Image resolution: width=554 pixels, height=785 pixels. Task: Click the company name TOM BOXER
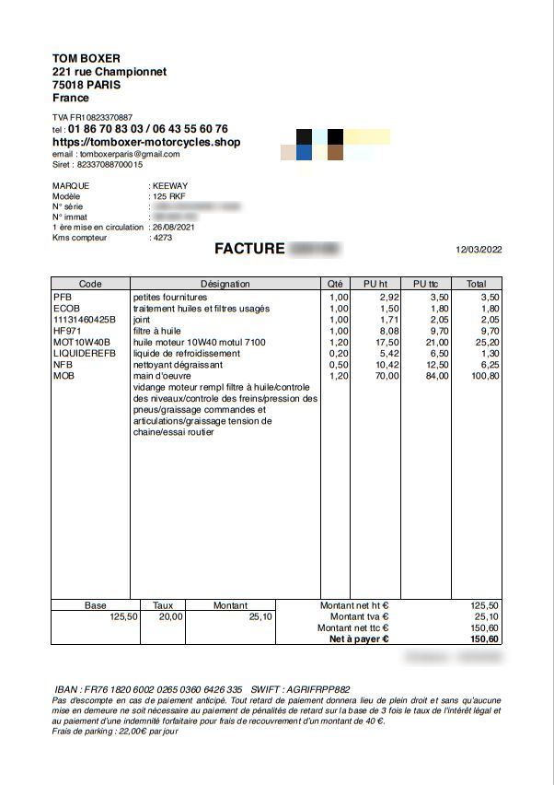(87, 59)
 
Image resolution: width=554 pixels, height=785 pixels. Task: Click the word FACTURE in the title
(249, 249)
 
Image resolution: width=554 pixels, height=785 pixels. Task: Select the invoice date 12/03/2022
(479, 250)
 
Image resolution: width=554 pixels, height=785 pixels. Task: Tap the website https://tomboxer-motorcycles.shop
(146, 143)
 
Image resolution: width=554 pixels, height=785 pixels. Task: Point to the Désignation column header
(225, 284)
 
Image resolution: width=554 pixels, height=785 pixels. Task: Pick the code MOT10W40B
(82, 342)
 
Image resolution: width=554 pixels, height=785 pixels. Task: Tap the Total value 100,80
(484, 376)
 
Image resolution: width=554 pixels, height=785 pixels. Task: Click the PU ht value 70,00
(387, 376)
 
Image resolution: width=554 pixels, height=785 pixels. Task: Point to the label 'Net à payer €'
(359, 639)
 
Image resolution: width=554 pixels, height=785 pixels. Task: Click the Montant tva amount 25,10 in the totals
(486, 617)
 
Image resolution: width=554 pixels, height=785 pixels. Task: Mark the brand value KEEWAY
(170, 185)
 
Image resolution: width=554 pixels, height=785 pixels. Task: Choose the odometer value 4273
(162, 238)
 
